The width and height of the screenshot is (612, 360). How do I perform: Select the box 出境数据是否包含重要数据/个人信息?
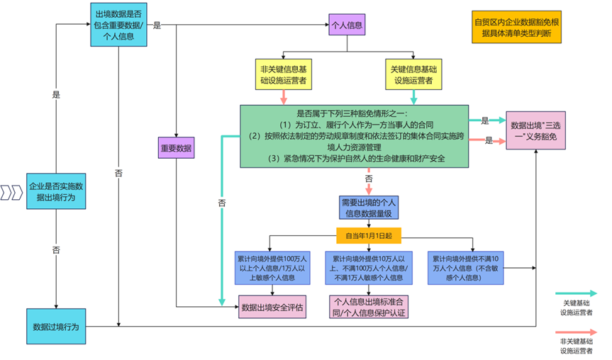click(118, 25)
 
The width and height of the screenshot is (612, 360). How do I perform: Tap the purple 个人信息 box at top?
click(347, 26)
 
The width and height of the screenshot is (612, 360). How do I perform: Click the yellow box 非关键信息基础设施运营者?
click(284, 74)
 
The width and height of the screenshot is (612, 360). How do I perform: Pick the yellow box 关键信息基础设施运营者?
click(414, 74)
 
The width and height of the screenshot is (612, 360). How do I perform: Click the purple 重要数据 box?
click(176, 148)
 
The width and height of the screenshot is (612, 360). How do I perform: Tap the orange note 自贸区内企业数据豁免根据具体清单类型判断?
click(516, 27)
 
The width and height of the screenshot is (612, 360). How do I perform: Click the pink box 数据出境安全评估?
click(272, 307)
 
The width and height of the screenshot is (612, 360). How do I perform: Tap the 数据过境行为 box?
click(55, 327)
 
